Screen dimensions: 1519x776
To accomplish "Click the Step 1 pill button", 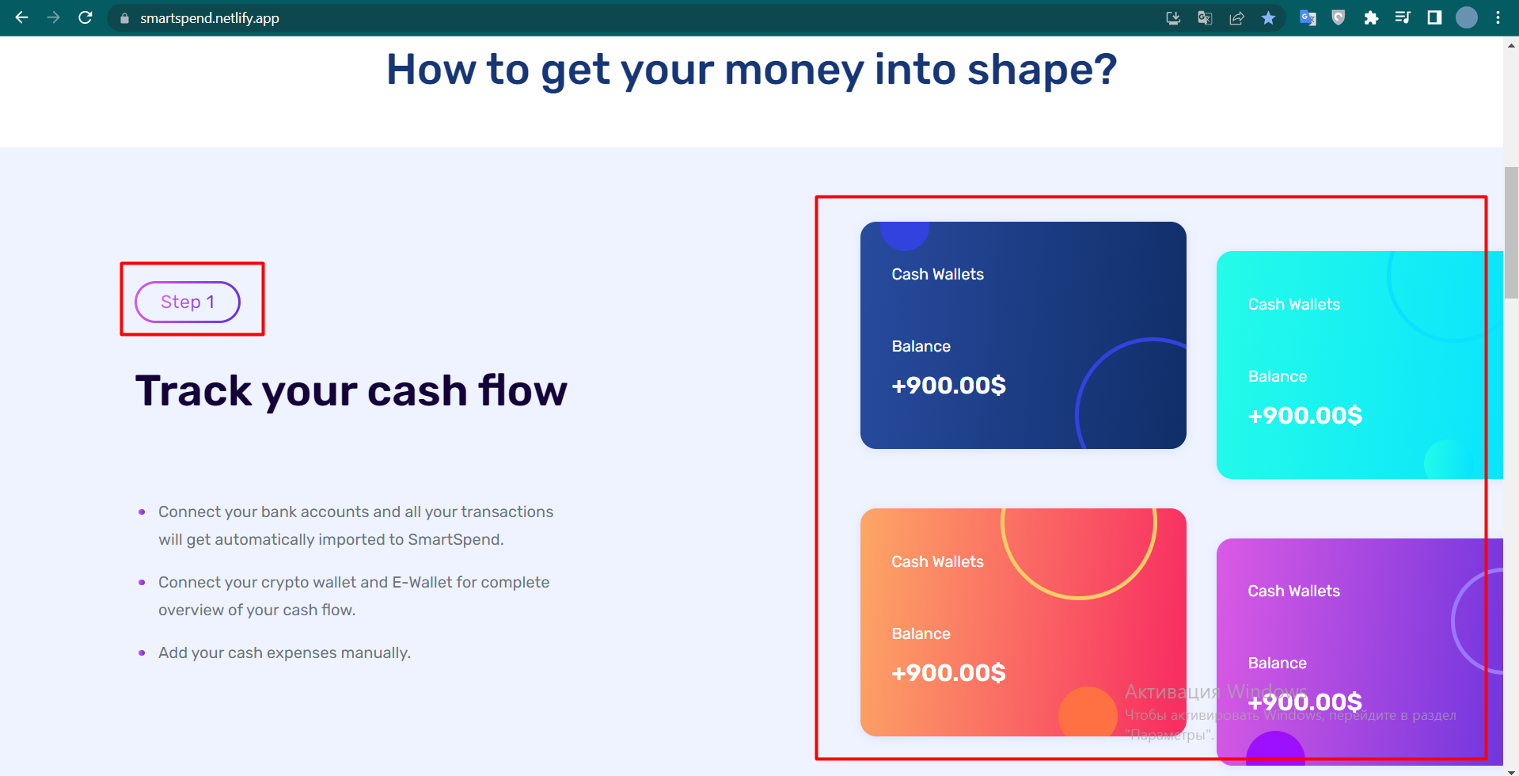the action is (188, 302).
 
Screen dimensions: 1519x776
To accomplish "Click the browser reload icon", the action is (85, 17).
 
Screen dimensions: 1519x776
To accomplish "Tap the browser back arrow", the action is (21, 17).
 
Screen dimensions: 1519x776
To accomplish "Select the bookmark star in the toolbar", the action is (1268, 17).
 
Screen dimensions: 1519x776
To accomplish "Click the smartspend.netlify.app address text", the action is (210, 18).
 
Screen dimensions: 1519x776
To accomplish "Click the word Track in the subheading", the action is (193, 390).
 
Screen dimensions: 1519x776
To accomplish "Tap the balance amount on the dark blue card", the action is (948, 386).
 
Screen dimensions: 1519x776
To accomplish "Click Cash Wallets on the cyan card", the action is (1294, 304).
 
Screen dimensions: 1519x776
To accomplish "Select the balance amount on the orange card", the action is (948, 673).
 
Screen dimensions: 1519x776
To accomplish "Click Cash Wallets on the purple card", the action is (1294, 591).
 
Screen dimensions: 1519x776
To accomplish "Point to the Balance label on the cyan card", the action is (1278, 376).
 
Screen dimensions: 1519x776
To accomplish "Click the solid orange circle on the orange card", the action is (1088, 712).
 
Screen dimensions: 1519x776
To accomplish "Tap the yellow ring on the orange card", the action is (1079, 598).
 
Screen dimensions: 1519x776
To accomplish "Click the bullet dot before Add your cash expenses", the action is (142, 652).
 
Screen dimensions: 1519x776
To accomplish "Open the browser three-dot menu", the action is (1498, 17).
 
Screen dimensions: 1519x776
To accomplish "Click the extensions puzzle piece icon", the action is (1371, 17).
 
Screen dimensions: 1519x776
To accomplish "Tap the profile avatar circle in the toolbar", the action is (1467, 17).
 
